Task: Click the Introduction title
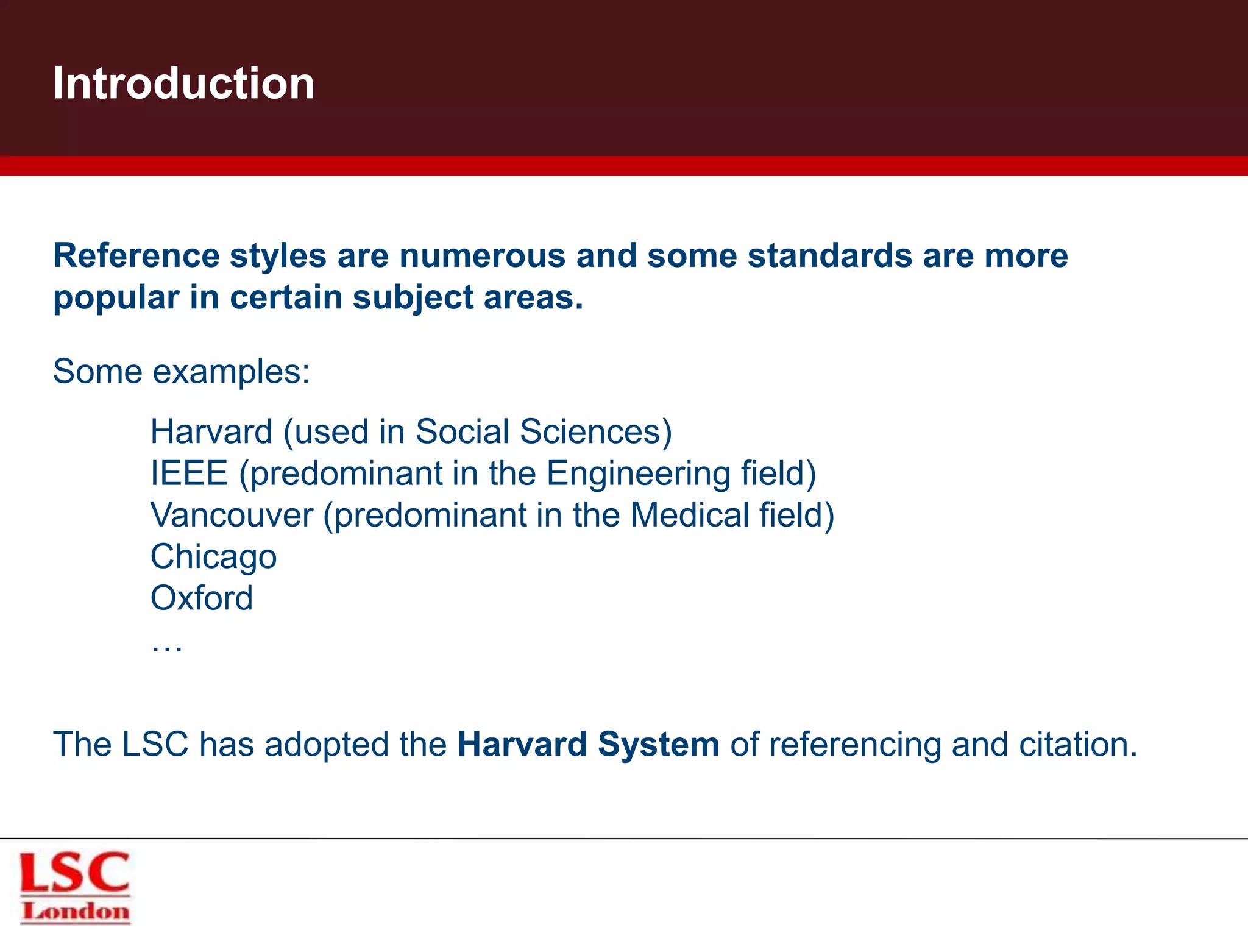(x=183, y=83)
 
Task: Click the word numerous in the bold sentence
(x=482, y=255)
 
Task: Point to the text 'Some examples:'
(x=182, y=371)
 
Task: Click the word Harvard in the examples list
(x=211, y=432)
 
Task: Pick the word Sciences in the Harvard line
(x=590, y=432)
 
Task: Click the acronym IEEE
(x=189, y=473)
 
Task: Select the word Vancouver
(x=232, y=515)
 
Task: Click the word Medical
(x=689, y=515)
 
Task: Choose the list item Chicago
(x=213, y=557)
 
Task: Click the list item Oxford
(x=201, y=598)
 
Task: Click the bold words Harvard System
(x=588, y=745)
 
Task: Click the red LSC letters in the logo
(x=75, y=873)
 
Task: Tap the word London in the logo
(x=76, y=912)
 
